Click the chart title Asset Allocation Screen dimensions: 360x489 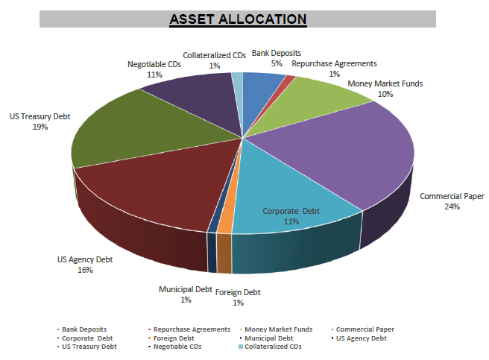pyautogui.click(x=237, y=18)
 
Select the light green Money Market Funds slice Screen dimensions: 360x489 pyautogui.click(x=328, y=97)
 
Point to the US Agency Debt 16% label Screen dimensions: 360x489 pyautogui.click(x=85, y=265)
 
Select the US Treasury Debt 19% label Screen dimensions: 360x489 pyautogui.click(x=40, y=121)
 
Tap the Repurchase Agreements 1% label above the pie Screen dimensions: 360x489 pyautogui.click(x=334, y=69)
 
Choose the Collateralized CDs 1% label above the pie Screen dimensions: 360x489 pyautogui.click(x=215, y=60)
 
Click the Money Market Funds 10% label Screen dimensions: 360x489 pyautogui.click(x=385, y=89)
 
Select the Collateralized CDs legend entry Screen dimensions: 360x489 pyautogui.click(x=273, y=347)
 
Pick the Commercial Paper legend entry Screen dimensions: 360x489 pyautogui.click(x=365, y=329)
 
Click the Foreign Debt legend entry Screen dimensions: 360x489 pyautogui.click(x=177, y=338)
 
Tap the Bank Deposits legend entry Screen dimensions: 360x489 pyautogui.click(x=83, y=329)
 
